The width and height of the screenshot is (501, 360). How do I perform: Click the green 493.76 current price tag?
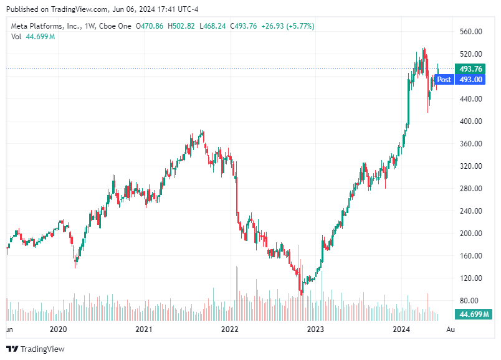(470, 69)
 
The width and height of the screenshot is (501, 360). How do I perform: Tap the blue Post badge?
(444, 79)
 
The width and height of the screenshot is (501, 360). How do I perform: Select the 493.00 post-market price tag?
(470, 79)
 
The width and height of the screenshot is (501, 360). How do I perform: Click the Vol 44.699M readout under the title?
(33, 37)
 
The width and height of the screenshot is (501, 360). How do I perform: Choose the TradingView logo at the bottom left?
(36, 349)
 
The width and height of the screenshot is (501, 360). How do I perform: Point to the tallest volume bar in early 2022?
(237, 293)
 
